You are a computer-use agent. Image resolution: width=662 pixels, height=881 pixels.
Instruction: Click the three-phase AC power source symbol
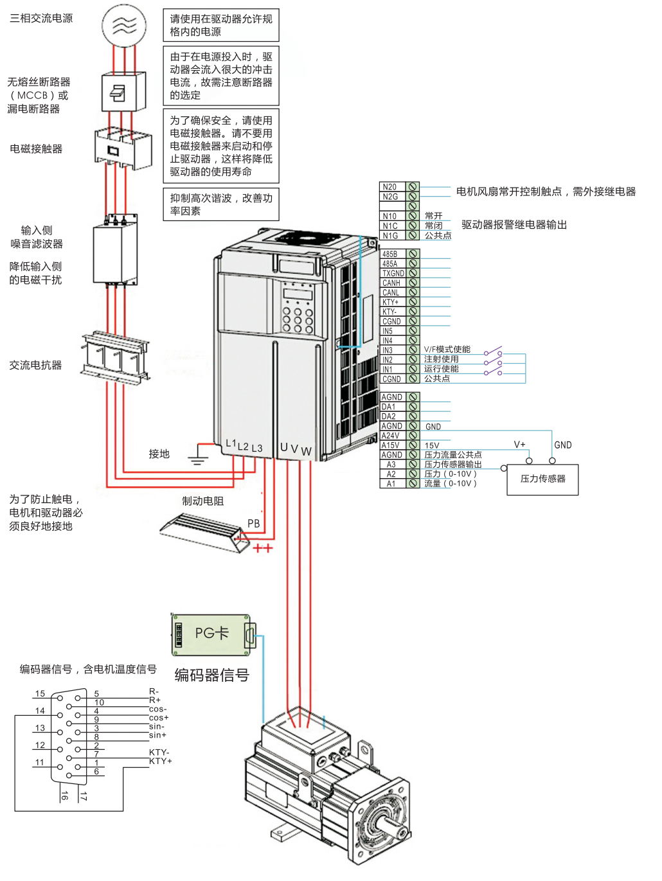coord(124,26)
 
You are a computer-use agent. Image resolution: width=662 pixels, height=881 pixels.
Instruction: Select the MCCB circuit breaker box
coord(119,93)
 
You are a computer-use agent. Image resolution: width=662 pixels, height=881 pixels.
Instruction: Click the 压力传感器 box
coord(542,479)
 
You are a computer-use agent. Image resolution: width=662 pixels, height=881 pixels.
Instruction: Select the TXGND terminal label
coord(393,273)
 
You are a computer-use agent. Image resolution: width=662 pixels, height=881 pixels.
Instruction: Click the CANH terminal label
coord(391,283)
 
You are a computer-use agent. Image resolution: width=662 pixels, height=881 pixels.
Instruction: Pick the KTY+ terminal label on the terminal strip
coord(391,302)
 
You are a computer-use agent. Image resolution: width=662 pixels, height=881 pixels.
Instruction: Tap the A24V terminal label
coord(391,436)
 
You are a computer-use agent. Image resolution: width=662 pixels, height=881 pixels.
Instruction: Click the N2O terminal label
coord(390,187)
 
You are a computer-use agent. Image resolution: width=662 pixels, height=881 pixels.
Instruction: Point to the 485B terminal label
coord(390,254)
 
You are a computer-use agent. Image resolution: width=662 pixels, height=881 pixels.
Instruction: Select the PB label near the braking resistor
coord(254,524)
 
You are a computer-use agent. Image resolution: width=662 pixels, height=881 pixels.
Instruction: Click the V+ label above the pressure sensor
coord(519,445)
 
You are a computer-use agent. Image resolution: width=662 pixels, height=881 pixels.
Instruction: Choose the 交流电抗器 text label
coord(35,365)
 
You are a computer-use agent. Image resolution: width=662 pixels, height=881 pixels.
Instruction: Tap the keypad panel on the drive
coord(298,308)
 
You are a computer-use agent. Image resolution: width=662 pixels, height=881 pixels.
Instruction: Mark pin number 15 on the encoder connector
coord(40,694)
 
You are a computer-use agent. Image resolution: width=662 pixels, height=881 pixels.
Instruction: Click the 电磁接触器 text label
coord(36,149)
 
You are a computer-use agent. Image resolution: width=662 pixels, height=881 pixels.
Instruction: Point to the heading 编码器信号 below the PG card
coord(211,675)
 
